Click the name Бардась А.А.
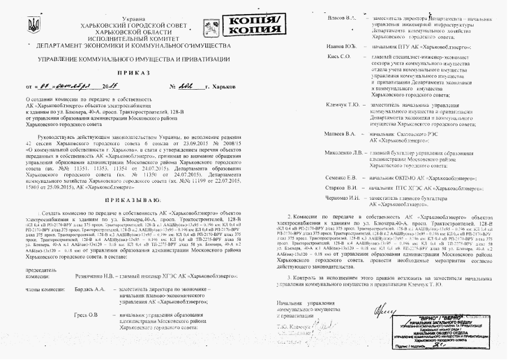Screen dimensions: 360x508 pyautogui.click(x=90, y=289)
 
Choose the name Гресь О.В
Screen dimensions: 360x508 pyautogui.click(x=86, y=314)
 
